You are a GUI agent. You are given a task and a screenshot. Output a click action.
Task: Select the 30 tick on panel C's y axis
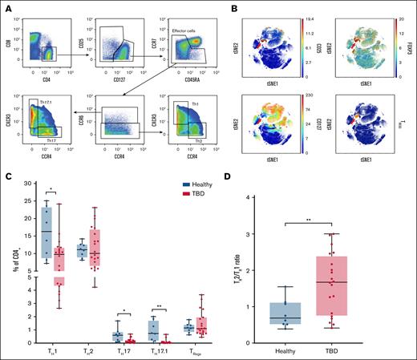[x=26, y=184]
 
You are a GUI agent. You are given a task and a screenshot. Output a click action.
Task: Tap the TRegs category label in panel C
[x=204, y=350]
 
